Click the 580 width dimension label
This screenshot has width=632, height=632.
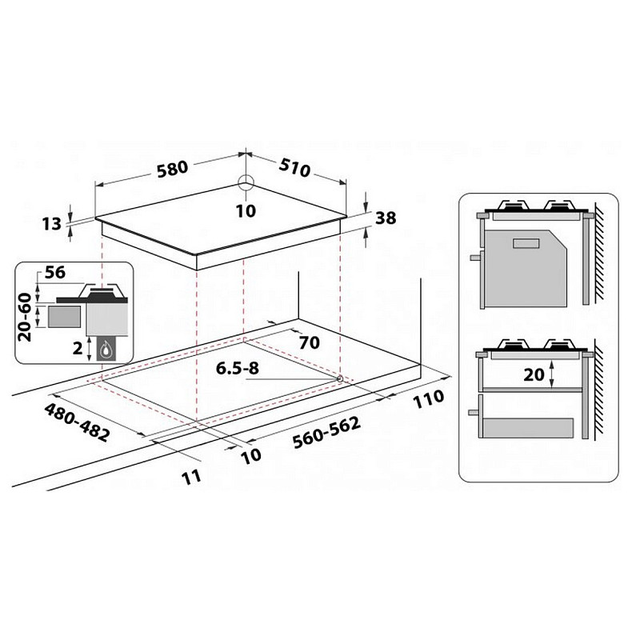point(173,169)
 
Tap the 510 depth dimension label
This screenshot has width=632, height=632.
point(295,167)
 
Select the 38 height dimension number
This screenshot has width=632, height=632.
point(386,218)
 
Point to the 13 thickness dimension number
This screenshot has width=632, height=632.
point(51,224)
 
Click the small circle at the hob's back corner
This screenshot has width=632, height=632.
point(246,182)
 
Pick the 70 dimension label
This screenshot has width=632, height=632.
point(310,342)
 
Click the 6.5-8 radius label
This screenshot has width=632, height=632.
point(238,368)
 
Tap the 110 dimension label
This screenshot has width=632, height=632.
point(428,398)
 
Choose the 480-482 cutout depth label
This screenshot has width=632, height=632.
point(77,422)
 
